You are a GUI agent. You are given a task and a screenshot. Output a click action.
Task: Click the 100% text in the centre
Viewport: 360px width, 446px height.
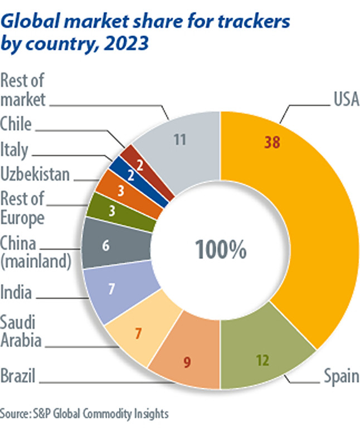[220, 250]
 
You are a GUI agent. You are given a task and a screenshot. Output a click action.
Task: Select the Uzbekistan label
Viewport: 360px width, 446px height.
[35, 174]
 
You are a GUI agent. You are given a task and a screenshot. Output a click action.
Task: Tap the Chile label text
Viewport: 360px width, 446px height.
[16, 124]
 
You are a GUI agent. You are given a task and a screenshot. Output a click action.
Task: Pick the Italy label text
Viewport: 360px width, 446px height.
[14, 149]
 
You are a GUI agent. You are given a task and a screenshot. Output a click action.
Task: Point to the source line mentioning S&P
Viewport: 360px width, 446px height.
[84, 414]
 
